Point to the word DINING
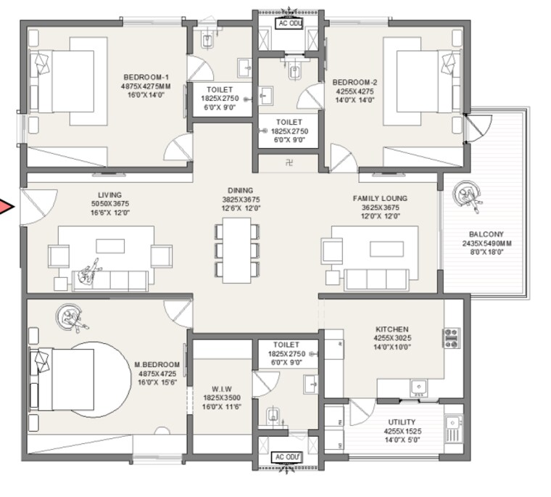tap(241, 190)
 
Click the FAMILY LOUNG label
tap(380, 198)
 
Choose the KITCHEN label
tap(391, 329)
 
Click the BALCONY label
tap(486, 234)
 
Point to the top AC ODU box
tap(289, 24)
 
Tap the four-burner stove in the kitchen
tap(451, 338)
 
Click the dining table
tap(236, 247)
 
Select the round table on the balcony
tap(468, 194)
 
